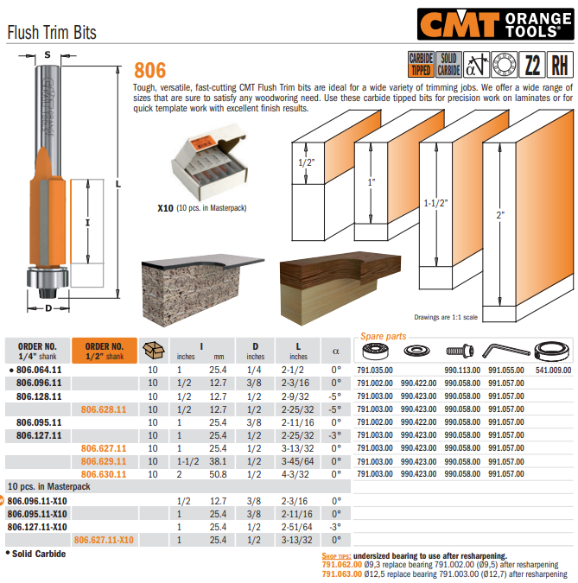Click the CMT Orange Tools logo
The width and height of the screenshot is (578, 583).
click(494, 22)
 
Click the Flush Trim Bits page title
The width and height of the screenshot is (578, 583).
click(51, 33)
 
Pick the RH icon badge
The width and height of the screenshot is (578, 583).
click(560, 65)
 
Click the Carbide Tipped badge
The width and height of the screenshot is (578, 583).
click(420, 65)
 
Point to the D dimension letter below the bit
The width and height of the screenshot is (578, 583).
click(48, 307)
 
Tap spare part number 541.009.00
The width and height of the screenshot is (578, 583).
click(554, 370)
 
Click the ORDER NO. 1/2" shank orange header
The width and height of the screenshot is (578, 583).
click(105, 350)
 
